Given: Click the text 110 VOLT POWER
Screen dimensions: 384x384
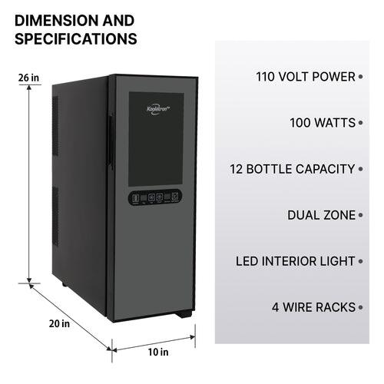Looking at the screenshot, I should point(305,77).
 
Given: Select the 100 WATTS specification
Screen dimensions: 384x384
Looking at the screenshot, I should point(323,123).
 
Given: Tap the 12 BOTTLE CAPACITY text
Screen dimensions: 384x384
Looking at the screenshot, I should point(292,169).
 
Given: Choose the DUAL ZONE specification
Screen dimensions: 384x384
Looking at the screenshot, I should point(321,215).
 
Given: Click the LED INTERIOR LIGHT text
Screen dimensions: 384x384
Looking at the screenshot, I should point(295,261).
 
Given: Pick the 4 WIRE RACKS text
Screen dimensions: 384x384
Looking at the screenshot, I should point(313,307).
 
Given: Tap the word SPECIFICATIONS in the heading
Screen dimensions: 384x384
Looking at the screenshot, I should point(76,38).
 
